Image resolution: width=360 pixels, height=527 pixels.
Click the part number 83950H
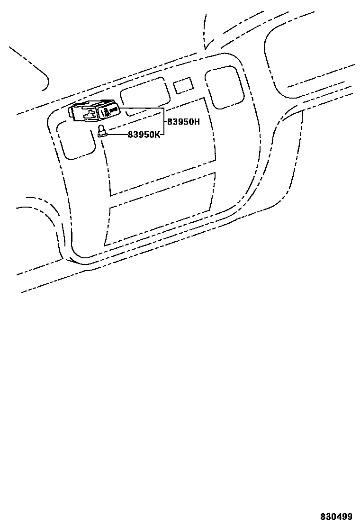183,121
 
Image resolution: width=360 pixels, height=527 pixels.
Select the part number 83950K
144,134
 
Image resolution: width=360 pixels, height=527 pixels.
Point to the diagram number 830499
336,516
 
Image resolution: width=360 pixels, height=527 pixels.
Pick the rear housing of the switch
83,112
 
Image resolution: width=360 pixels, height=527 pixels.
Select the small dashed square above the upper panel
183,85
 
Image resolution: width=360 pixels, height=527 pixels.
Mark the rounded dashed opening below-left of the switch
76,140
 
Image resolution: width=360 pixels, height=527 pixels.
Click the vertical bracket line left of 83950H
164,121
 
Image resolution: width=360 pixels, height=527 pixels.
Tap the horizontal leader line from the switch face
142,108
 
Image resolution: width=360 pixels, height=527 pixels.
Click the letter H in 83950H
197,121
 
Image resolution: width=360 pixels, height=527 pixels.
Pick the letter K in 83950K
158,134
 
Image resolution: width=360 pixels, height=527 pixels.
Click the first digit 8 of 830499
323,516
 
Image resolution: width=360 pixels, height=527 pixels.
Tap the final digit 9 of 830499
350,516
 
